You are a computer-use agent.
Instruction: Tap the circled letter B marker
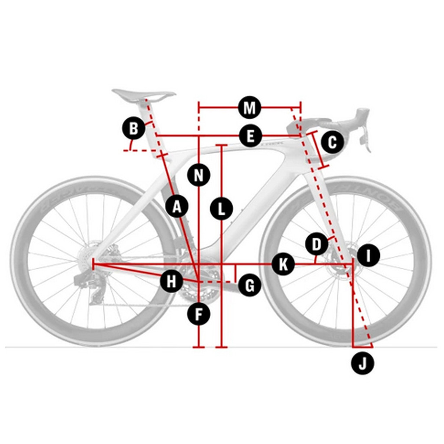[x=134, y=129]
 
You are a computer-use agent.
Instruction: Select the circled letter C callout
[x=332, y=142]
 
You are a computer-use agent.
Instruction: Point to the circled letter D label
[x=317, y=245]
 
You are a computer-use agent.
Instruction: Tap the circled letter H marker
[x=171, y=282]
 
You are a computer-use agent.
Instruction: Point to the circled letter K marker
[x=283, y=264]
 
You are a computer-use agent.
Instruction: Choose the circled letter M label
[x=249, y=108]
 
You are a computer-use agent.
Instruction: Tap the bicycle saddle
[x=143, y=94]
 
